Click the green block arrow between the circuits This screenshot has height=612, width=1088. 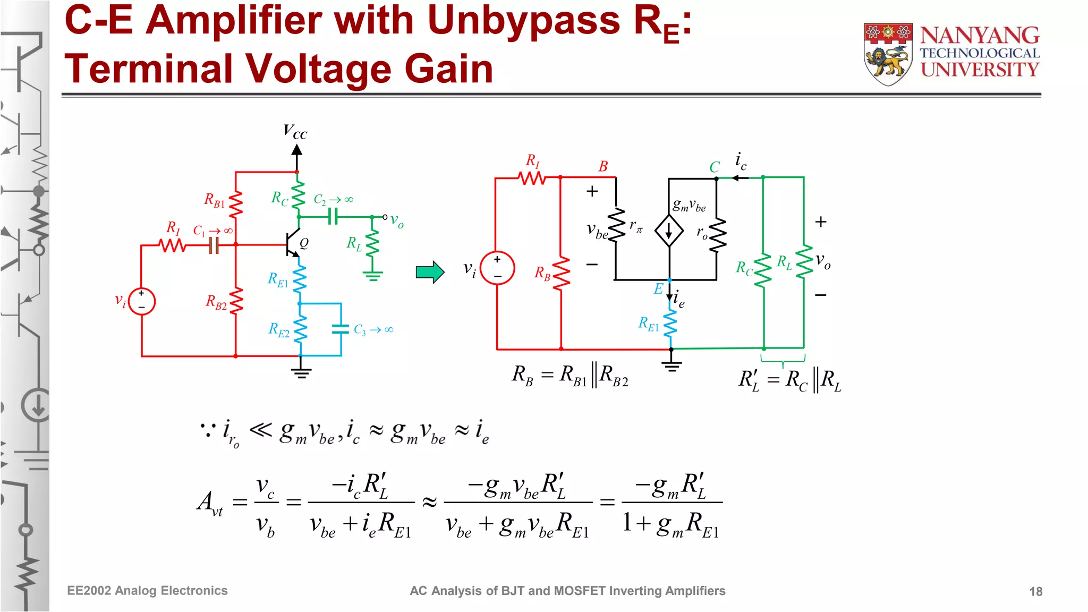click(430, 273)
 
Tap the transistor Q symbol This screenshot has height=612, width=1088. click(292, 244)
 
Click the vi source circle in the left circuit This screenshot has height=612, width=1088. click(142, 301)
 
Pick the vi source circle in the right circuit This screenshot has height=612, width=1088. click(497, 268)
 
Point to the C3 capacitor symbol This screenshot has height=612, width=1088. click(341, 329)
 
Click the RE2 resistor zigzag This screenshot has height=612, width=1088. click(301, 329)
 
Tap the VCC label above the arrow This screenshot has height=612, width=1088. click(295, 131)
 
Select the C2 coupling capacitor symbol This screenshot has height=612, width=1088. click(333, 217)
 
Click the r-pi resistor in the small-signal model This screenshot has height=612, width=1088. click(616, 226)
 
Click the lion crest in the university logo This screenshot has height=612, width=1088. click(888, 54)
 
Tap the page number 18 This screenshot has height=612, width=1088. click(1035, 591)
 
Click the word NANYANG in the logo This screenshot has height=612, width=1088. click(980, 36)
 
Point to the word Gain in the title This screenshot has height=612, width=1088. click(448, 69)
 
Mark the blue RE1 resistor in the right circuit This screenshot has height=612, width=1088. click(671, 322)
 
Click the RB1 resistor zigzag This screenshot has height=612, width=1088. click(236, 203)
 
